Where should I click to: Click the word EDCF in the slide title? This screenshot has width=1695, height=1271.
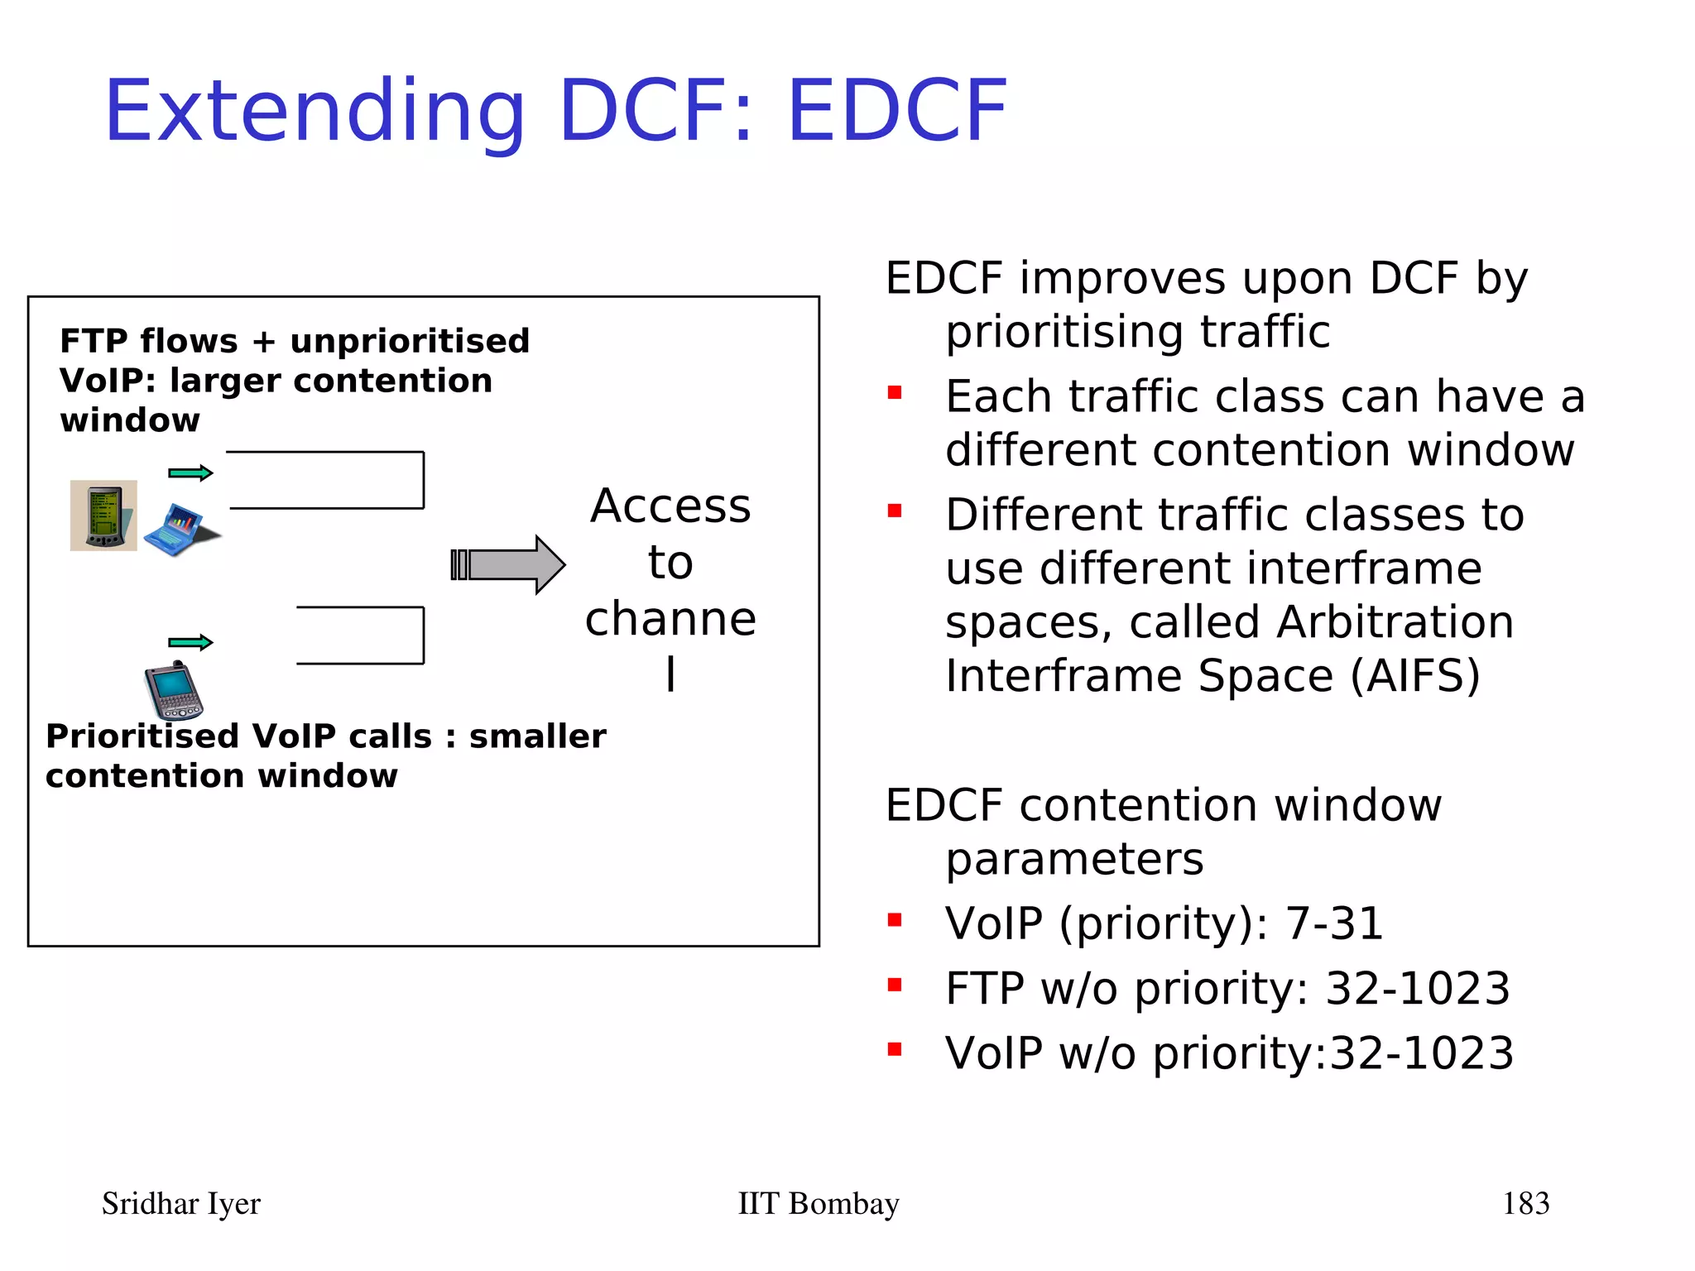tap(897, 111)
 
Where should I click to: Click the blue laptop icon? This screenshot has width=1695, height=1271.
tap(178, 530)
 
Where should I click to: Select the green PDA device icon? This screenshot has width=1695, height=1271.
tap(103, 516)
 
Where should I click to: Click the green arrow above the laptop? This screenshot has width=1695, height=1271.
tap(190, 473)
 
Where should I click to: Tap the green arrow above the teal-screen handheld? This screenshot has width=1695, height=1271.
tap(190, 643)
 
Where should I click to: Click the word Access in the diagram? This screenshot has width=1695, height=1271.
tap(670, 506)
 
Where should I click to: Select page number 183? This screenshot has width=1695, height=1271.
tap(1525, 1203)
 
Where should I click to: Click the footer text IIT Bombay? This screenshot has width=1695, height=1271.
tap(818, 1203)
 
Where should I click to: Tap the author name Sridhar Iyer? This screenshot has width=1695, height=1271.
tap(180, 1203)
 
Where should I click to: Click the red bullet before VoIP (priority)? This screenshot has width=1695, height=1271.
tap(895, 920)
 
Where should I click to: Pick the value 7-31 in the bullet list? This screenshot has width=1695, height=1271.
tap(1333, 923)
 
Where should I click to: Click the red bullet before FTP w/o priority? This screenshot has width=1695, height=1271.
tap(895, 985)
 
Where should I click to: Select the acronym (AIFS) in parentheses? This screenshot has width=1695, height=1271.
tap(1415, 676)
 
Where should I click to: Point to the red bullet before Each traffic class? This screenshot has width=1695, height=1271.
tap(895, 392)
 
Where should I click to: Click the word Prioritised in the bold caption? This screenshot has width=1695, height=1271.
tap(144, 736)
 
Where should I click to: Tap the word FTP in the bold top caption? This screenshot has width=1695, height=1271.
tap(93, 341)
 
